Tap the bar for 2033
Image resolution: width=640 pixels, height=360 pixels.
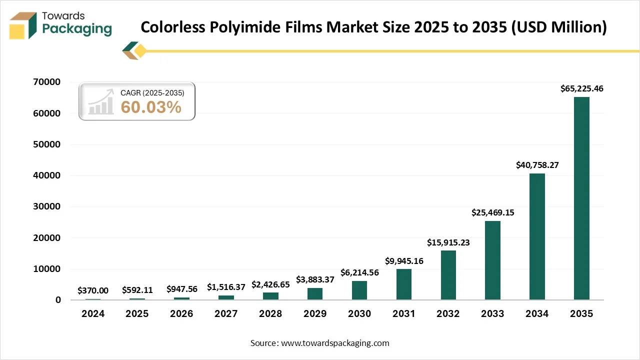[x=492, y=260]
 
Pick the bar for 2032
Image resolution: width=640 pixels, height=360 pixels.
[x=448, y=275]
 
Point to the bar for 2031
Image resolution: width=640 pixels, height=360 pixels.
[x=404, y=284]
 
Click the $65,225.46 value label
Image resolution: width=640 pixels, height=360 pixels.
[x=581, y=89]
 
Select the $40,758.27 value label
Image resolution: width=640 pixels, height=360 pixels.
[x=537, y=165]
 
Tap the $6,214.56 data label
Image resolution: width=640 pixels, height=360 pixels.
[x=359, y=272]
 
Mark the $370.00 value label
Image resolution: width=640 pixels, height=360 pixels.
[x=93, y=290]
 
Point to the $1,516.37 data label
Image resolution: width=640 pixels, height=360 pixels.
[x=226, y=287]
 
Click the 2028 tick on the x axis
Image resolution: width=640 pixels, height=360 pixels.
[x=270, y=314]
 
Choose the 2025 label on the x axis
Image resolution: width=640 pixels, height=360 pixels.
[x=137, y=314]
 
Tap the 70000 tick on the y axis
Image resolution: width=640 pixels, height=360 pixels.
[x=47, y=82]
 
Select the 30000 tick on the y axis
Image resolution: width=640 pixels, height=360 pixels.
[x=47, y=206]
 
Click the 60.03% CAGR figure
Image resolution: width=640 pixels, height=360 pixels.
[x=151, y=106]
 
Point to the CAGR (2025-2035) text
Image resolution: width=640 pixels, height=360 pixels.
[x=152, y=93]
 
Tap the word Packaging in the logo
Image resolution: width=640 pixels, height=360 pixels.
[x=77, y=29]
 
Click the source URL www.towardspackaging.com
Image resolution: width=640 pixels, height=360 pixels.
[x=335, y=343]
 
